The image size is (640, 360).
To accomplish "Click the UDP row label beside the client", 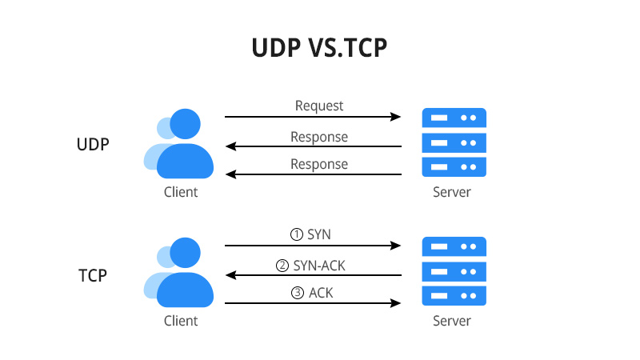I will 93,146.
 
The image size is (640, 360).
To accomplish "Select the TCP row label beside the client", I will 93,275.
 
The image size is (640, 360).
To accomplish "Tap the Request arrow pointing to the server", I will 312,117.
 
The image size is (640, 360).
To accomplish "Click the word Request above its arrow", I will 319,105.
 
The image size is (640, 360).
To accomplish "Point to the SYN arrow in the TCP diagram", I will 312,246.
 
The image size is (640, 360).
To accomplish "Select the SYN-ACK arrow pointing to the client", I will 312,275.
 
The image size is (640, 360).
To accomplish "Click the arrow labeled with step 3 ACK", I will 312,303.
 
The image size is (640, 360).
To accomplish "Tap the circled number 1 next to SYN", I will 296,235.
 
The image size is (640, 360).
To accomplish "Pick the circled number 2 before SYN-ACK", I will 282,265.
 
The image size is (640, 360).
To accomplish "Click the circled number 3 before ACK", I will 298,293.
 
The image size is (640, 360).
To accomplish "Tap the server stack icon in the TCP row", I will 454,272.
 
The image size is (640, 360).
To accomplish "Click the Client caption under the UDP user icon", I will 180,193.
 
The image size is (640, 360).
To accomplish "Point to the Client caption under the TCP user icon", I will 180,322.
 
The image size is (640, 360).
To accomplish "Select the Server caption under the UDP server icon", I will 452,193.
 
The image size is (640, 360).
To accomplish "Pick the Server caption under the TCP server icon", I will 452,322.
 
